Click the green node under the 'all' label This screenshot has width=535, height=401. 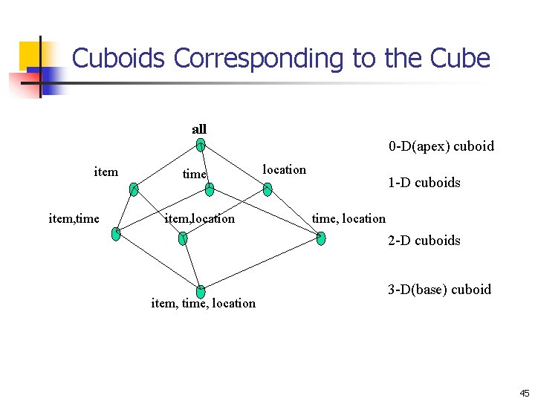coord(201,146)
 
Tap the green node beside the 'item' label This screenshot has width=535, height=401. coord(134,189)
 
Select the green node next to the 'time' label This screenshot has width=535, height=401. coord(210,189)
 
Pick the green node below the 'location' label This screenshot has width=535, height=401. coord(267,189)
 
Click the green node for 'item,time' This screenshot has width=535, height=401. coord(116,234)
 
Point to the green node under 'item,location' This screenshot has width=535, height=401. coord(184,238)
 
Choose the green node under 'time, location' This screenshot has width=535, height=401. coord(320,238)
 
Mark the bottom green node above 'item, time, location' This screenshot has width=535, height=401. coord(201,292)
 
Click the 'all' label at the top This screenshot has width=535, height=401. coord(199,129)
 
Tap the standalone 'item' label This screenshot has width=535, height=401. coord(106,172)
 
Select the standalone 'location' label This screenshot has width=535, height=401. coord(285,169)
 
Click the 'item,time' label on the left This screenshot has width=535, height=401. coord(74,218)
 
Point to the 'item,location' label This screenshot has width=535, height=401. coord(199,218)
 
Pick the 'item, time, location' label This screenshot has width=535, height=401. coord(203,303)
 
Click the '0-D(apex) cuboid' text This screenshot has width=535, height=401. coord(441,146)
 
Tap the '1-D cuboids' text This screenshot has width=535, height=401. coord(424,183)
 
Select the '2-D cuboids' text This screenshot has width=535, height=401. coord(424,241)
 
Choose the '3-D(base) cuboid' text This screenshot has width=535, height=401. coord(439,290)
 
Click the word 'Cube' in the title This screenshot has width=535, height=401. coord(458,58)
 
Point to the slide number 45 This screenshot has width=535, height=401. coord(524,394)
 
